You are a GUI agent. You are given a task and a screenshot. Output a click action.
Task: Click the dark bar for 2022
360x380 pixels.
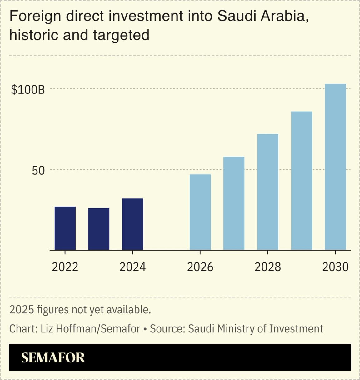click(x=65, y=228)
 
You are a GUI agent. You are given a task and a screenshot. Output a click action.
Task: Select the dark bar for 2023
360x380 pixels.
click(x=99, y=229)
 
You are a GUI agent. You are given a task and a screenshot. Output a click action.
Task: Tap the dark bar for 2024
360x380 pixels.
click(x=132, y=224)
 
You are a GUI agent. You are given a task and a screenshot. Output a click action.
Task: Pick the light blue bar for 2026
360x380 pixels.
click(x=200, y=212)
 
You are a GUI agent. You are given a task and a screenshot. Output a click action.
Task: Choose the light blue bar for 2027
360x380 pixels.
click(x=234, y=203)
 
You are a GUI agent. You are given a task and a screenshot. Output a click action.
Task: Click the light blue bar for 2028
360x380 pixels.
click(x=267, y=192)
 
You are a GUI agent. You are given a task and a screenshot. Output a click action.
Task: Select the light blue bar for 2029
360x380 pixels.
click(x=302, y=181)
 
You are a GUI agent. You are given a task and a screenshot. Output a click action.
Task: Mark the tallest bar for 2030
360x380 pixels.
click(x=335, y=167)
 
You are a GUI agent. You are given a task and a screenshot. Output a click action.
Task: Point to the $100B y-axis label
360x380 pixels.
click(x=28, y=90)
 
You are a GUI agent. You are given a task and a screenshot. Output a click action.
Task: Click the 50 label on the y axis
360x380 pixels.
click(x=38, y=171)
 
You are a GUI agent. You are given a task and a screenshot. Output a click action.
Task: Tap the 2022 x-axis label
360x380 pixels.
click(x=65, y=267)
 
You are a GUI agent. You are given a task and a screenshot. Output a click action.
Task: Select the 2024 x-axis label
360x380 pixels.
click(x=132, y=267)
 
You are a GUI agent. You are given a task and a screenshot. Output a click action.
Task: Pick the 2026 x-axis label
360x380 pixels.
click(x=200, y=267)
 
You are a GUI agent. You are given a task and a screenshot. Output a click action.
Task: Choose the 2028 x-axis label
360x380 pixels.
click(x=267, y=267)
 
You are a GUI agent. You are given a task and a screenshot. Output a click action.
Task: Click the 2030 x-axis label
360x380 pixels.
click(x=335, y=267)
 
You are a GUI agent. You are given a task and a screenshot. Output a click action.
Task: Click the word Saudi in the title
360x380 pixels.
click(x=237, y=16)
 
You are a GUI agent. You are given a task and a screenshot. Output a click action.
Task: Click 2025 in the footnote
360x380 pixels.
click(x=22, y=310)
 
